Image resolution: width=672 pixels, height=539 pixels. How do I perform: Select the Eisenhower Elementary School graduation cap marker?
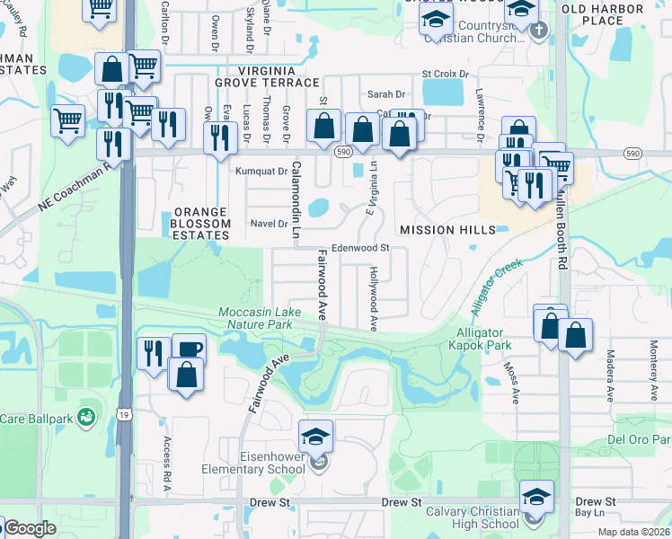[315, 437]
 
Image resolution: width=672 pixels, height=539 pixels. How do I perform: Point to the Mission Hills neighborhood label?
[447, 230]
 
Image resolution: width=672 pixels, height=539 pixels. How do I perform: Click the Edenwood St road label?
[359, 248]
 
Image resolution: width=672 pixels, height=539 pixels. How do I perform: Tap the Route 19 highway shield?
[126, 413]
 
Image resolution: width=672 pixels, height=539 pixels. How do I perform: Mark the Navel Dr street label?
[269, 224]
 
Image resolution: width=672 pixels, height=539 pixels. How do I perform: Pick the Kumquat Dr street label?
[261, 171]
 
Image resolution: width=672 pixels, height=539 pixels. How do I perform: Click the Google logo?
[30, 529]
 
